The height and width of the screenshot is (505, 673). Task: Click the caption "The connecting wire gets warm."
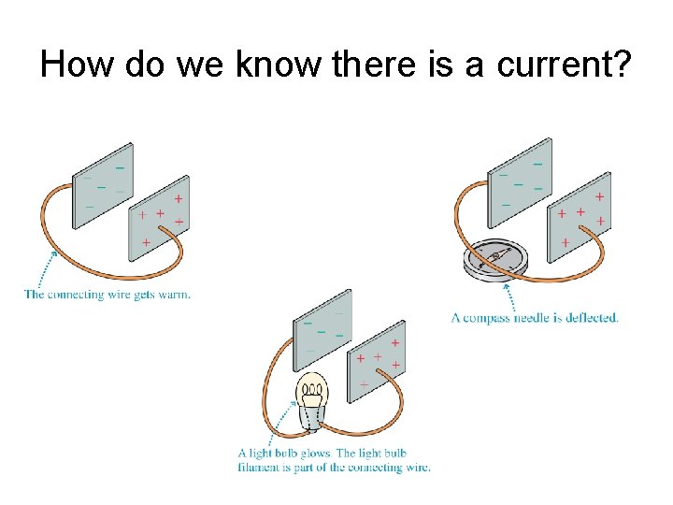click(x=107, y=295)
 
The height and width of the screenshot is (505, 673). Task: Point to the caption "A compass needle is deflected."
click(x=535, y=318)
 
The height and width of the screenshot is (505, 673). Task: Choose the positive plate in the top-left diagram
click(x=158, y=218)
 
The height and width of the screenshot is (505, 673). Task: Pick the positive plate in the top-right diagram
click(x=579, y=216)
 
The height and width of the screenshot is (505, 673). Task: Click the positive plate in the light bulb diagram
click(x=377, y=360)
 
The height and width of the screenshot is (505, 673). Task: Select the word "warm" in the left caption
click(x=177, y=295)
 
